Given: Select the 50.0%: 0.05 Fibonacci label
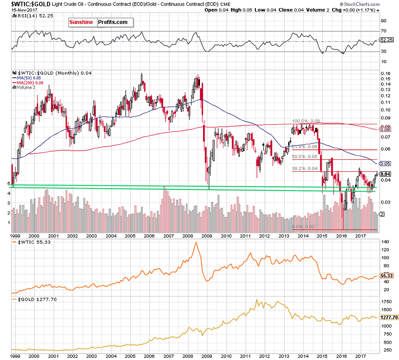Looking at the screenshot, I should (x=304, y=157).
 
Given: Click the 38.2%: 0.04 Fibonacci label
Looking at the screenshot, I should (x=304, y=169).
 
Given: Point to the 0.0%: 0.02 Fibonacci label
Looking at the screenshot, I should (x=303, y=227).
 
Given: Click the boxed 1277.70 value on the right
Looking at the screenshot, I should (x=389, y=317).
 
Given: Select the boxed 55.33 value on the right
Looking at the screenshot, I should (x=386, y=275).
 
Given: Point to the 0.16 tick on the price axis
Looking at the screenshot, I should (x=385, y=74).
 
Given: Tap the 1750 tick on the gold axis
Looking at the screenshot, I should (x=386, y=303).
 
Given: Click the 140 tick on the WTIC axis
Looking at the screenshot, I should (x=384, y=241).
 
